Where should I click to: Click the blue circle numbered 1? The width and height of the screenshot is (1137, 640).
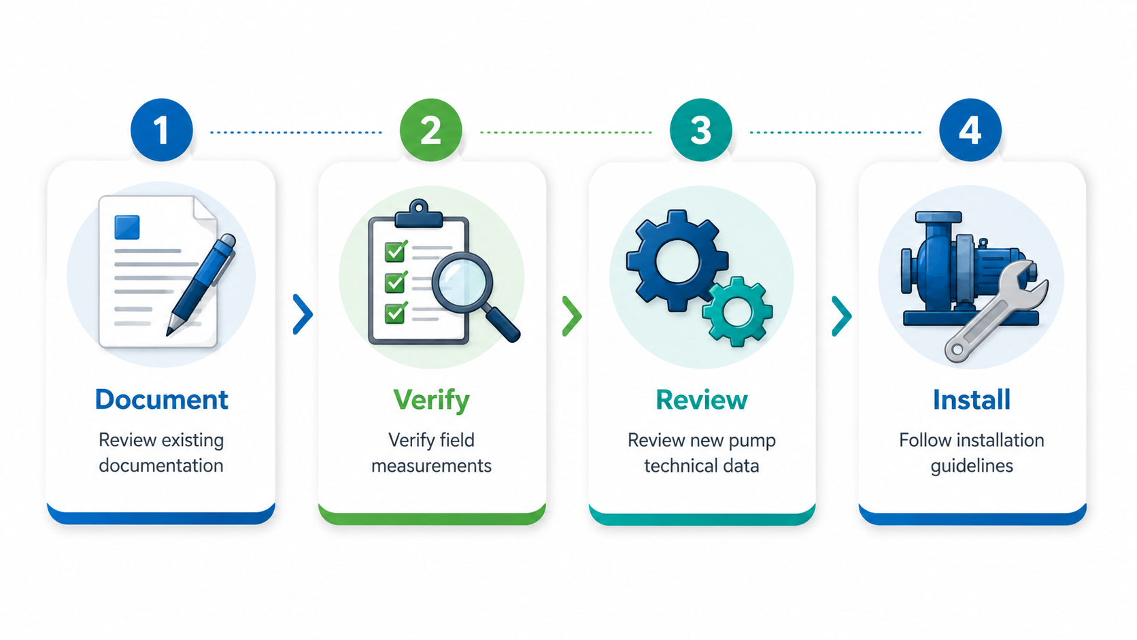click(x=161, y=130)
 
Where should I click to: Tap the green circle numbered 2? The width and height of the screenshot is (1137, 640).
click(x=431, y=130)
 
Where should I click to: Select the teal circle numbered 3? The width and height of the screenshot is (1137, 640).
click(x=701, y=130)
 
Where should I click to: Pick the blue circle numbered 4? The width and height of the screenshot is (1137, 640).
click(x=970, y=130)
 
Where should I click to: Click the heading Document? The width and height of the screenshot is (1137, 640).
click(x=161, y=399)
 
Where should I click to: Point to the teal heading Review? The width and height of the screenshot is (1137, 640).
click(x=702, y=400)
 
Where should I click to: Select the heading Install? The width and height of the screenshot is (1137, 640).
click(x=972, y=399)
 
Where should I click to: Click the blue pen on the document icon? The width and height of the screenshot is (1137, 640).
click(x=201, y=285)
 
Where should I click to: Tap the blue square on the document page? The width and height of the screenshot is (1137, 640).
click(x=127, y=227)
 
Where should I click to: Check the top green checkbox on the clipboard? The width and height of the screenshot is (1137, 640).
click(x=395, y=251)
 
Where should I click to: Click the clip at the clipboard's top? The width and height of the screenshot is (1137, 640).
click(x=418, y=214)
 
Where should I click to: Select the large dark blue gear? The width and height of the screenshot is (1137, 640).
click(x=677, y=260)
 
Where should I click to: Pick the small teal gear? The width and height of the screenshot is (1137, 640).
click(x=737, y=311)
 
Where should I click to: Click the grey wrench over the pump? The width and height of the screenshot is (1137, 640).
click(x=996, y=311)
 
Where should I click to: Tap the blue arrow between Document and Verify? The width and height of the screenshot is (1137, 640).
click(x=303, y=314)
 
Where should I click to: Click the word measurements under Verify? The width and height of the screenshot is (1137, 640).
click(x=431, y=466)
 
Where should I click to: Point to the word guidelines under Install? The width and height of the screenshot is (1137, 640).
click(x=972, y=467)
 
